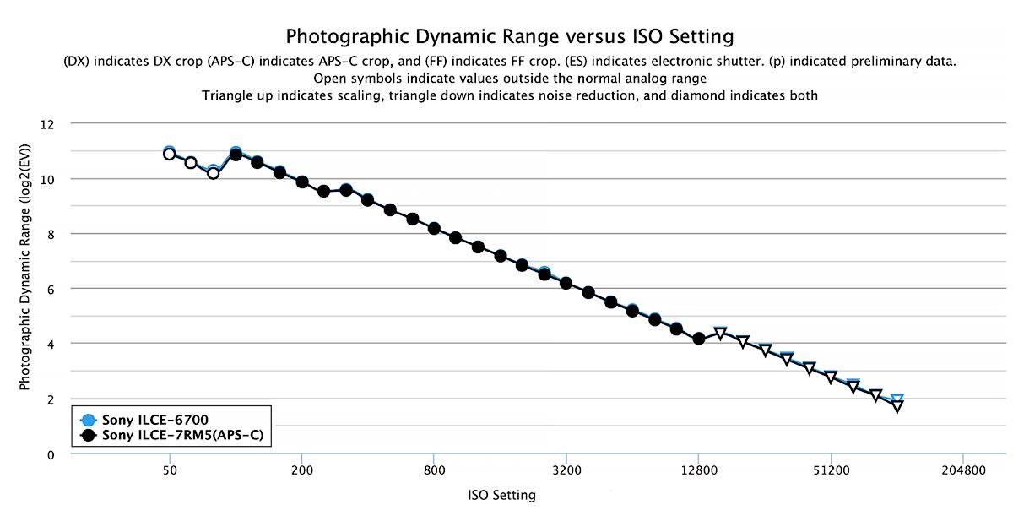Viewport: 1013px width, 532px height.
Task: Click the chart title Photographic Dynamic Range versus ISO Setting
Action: click(509, 37)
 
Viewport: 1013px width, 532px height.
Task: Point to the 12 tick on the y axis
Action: click(47, 124)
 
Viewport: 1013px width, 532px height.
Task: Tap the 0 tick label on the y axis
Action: click(51, 454)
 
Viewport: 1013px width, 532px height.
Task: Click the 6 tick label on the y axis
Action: click(51, 289)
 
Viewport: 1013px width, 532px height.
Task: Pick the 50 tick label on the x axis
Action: click(170, 471)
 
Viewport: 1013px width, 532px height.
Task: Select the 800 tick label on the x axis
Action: click(434, 471)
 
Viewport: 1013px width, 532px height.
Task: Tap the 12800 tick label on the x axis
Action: click(698, 471)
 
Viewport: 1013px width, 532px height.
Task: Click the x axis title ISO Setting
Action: click(501, 496)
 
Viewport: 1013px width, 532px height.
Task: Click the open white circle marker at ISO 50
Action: click(170, 154)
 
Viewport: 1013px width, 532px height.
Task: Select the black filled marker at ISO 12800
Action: click(699, 339)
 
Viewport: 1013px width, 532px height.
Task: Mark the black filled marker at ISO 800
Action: click(434, 228)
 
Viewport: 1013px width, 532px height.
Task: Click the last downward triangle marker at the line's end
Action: click(897, 406)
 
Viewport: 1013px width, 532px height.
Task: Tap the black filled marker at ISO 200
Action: click(302, 182)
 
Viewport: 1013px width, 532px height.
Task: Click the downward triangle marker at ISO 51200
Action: click(831, 377)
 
